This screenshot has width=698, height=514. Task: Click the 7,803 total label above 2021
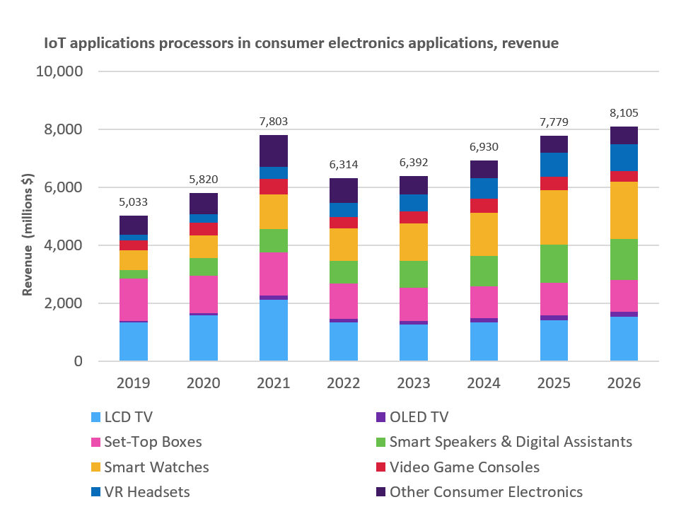pyautogui.click(x=274, y=122)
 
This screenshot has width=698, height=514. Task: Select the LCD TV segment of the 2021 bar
pyautogui.click(x=274, y=330)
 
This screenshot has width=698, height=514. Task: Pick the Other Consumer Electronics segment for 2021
pyautogui.click(x=274, y=151)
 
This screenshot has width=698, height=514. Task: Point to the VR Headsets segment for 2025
pyautogui.click(x=553, y=164)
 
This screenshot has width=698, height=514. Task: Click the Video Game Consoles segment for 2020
pyautogui.click(x=204, y=229)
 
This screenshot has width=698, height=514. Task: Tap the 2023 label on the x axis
pyautogui.click(x=413, y=383)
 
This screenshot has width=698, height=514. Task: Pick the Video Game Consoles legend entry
pyautogui.click(x=464, y=467)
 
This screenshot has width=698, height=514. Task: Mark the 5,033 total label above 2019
pyautogui.click(x=134, y=202)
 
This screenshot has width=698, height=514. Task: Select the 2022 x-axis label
pyautogui.click(x=344, y=383)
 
